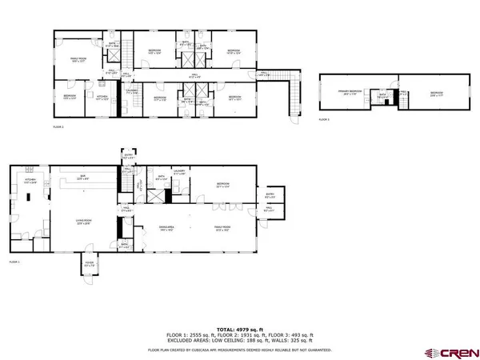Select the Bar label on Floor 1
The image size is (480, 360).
pyautogui.click(x=82, y=178)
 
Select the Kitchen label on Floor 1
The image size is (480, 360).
pyautogui.click(x=30, y=182)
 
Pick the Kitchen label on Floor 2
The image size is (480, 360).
pyautogui.click(x=102, y=99)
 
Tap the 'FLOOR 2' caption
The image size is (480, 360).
pyautogui.click(x=59, y=126)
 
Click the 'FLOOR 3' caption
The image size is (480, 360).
pyautogui.click(x=323, y=119)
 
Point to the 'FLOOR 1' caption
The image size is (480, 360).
pyautogui.click(x=14, y=262)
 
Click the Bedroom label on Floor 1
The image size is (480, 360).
pyautogui.click(x=223, y=186)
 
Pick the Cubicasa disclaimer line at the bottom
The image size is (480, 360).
pyautogui.click(x=240, y=350)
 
